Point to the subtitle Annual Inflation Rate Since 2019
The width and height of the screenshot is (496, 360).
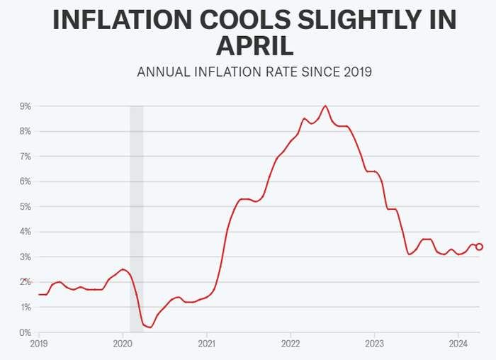point(254,72)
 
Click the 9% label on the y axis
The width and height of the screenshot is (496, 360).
point(26,106)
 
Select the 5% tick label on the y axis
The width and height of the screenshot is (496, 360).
point(26,207)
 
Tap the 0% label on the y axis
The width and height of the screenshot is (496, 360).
point(26,332)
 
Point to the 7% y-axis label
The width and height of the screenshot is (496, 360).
point(26,157)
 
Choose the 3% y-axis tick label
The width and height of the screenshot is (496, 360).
point(26,257)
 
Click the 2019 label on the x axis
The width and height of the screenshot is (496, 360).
point(38,344)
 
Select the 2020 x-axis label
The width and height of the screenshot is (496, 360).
point(123,344)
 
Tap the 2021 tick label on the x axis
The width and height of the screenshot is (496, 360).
point(206,344)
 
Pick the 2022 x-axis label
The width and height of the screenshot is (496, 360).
point(290,344)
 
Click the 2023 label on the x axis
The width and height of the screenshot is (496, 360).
point(374,344)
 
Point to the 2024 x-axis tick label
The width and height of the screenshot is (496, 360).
point(458,344)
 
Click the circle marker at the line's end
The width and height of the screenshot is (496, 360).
point(479,247)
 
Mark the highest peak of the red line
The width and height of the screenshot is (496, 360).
point(325,106)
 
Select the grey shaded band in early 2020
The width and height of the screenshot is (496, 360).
point(136,213)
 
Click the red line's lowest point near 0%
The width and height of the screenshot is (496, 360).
point(150,327)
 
